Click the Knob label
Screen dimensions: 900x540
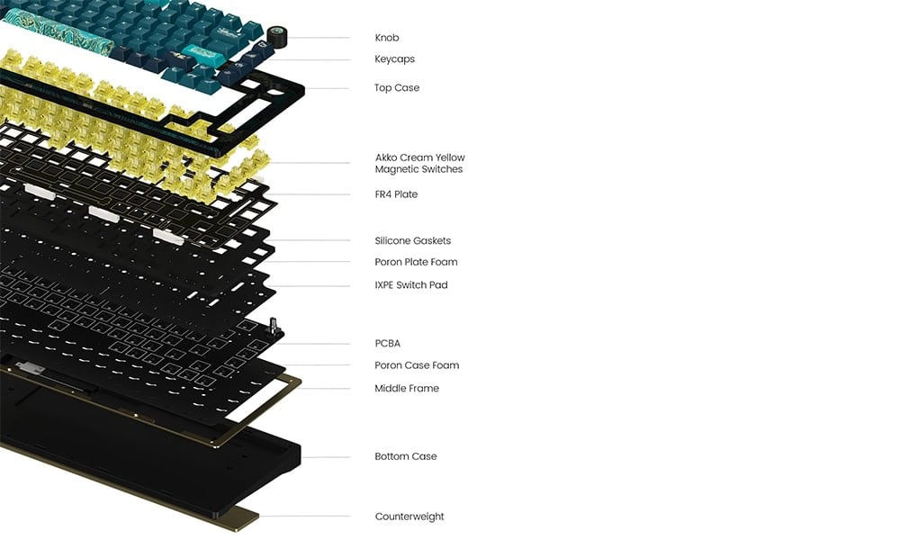pyautogui.click(x=386, y=38)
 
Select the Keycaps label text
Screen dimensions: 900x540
pyautogui.click(x=394, y=59)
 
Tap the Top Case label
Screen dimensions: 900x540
pyautogui.click(x=397, y=88)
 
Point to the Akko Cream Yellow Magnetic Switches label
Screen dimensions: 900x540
pyautogui.click(x=419, y=163)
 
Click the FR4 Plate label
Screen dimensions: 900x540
pyautogui.click(x=396, y=194)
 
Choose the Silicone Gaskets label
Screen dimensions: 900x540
pyautogui.click(x=413, y=240)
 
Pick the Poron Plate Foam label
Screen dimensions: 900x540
pyautogui.click(x=416, y=262)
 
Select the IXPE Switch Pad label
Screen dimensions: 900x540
pyautogui.click(x=411, y=284)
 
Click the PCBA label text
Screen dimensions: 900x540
pyautogui.click(x=387, y=343)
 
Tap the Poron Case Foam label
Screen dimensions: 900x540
pyautogui.click(x=417, y=365)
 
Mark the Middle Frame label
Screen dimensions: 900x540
pyautogui.click(x=407, y=388)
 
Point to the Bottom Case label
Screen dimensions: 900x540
pyautogui.click(x=405, y=456)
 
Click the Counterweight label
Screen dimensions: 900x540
pyautogui.click(x=409, y=517)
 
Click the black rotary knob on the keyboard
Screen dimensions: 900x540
pyautogui.click(x=276, y=37)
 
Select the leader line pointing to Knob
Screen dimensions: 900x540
pyautogui.click(x=319, y=38)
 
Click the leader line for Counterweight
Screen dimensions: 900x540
pyautogui.click(x=304, y=516)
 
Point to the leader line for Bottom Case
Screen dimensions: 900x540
pyautogui.click(x=326, y=457)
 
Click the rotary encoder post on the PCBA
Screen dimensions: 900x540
pyautogui.click(x=274, y=327)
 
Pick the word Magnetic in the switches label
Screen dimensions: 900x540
pyautogui.click(x=397, y=169)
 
